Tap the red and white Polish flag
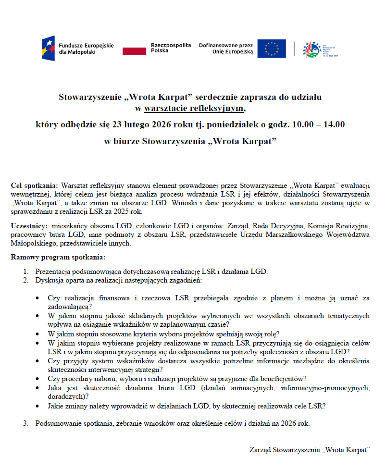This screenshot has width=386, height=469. pyautogui.click(x=134, y=48)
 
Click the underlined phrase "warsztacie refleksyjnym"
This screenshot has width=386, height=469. pyautogui.click(x=194, y=108)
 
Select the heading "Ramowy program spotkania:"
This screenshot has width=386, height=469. pyautogui.click(x=58, y=257)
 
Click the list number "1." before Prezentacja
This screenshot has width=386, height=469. pyautogui.click(x=26, y=272)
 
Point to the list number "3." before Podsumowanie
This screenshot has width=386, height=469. pyautogui.click(x=26, y=423)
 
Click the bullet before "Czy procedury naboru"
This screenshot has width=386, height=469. pyautogui.click(x=37, y=379)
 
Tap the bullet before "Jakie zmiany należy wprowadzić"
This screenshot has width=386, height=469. pyautogui.click(x=37, y=406)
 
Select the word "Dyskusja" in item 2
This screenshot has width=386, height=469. pyautogui.click(x=49, y=280)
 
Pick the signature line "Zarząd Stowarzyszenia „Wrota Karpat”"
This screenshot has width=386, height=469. pyautogui.click(x=310, y=450)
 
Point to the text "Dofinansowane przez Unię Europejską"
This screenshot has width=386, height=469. pyautogui.click(x=226, y=48)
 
